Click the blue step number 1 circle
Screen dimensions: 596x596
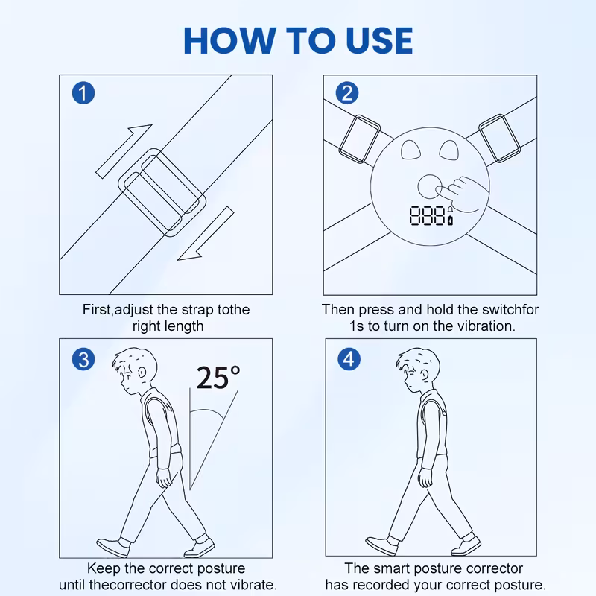click(83, 93)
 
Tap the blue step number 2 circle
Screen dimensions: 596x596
click(347, 93)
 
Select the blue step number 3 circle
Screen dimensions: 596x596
click(83, 360)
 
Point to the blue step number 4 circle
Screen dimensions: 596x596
click(349, 359)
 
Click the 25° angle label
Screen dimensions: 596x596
click(218, 378)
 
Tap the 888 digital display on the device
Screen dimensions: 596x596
click(427, 215)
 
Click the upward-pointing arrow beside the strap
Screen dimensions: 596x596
click(124, 151)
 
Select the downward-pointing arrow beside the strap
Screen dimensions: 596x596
click(206, 233)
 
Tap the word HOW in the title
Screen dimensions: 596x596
click(230, 41)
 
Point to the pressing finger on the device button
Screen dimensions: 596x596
click(441, 191)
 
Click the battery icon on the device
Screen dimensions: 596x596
click(451, 220)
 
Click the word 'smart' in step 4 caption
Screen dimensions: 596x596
click(392, 568)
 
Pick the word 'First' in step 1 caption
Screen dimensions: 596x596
click(97, 309)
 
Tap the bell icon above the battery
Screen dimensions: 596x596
click(451, 210)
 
